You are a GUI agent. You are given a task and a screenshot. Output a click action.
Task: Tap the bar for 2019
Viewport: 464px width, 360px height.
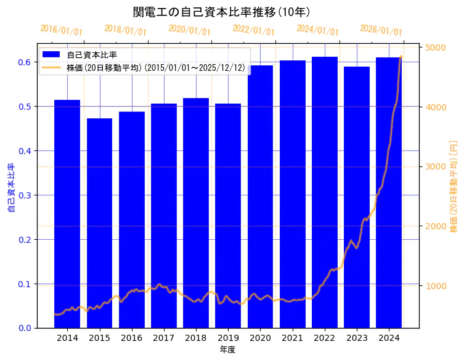pyautogui.click(x=228, y=216)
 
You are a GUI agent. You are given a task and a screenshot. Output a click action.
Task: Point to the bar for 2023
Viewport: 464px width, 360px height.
pyautogui.click(x=357, y=197)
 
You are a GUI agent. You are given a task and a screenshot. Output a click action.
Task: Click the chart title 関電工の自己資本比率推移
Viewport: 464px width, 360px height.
pyautogui.click(x=221, y=12)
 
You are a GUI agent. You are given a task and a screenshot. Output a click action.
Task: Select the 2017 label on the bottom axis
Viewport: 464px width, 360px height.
pyautogui.click(x=164, y=338)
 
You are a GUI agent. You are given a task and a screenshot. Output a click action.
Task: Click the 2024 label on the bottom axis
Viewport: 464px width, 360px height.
pyautogui.click(x=389, y=338)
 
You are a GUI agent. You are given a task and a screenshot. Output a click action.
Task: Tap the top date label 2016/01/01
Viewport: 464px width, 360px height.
pyautogui.click(x=61, y=30)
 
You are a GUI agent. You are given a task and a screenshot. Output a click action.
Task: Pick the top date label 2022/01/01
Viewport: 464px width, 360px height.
pyautogui.click(x=253, y=30)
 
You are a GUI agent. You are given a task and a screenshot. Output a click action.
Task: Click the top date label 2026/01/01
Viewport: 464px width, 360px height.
pyautogui.click(x=381, y=30)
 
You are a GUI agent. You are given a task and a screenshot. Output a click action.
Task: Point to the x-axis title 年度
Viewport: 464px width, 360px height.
pyautogui.click(x=228, y=350)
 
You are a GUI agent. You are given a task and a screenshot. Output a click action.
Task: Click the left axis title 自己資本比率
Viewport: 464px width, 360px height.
pyautogui.click(x=10, y=188)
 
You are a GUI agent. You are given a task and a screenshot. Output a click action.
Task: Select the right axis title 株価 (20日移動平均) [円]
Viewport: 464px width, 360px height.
pyautogui.click(x=454, y=186)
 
